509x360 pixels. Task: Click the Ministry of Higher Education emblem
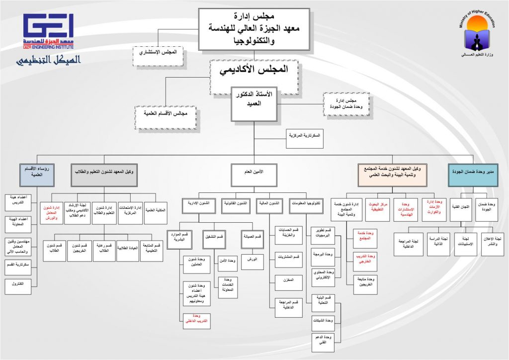pyautogui.click(x=477, y=35)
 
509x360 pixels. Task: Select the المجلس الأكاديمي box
pyautogui.click(x=254, y=70)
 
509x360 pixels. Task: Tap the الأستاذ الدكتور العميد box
pyautogui.click(x=254, y=104)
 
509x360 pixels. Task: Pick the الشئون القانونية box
pyautogui.click(x=236, y=204)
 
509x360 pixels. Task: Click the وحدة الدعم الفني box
pyautogui.click(x=323, y=341)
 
